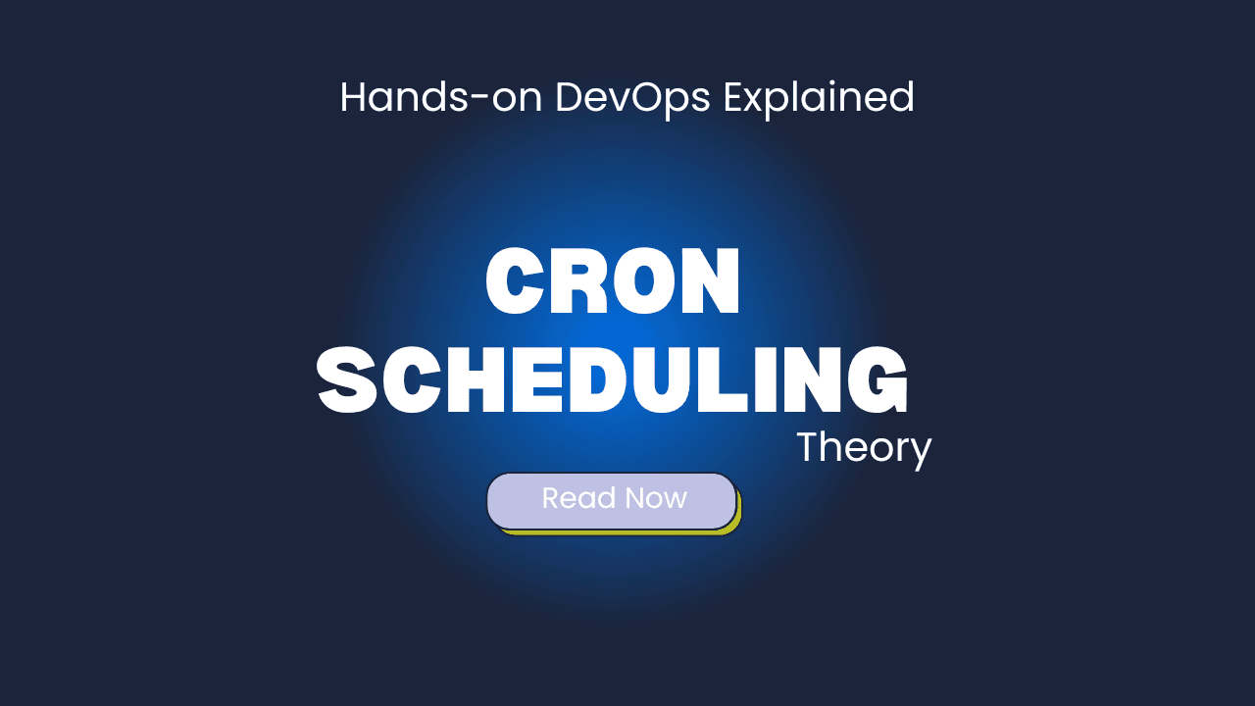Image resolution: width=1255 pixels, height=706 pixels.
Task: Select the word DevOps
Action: pyautogui.click(x=632, y=100)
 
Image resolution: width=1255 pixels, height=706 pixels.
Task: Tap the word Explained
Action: pyautogui.click(x=819, y=100)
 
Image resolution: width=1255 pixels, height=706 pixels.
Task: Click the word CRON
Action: pyautogui.click(x=613, y=280)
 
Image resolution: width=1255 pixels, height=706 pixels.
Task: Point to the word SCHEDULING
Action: pyautogui.click(x=612, y=379)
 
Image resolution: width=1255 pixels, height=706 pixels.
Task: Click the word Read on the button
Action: pyautogui.click(x=578, y=498)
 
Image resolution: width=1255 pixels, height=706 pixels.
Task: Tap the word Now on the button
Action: pyautogui.click(x=656, y=498)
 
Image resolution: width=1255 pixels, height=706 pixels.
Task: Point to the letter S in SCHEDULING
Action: pyautogui.click(x=347, y=379)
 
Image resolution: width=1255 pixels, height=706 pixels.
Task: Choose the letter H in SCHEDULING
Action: pyautogui.click(x=476, y=379)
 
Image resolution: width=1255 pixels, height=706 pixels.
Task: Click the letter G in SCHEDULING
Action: pyautogui.click(x=877, y=379)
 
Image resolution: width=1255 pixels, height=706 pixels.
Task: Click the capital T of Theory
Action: pyautogui.click(x=810, y=446)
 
